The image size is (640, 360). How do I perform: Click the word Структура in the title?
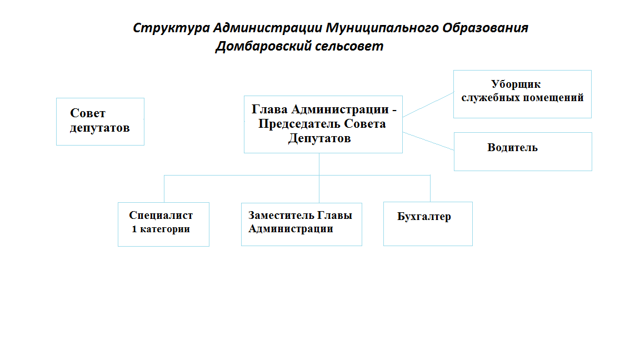coord(172,28)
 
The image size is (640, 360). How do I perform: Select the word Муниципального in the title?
coord(382,28)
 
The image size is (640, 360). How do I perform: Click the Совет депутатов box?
coord(100,122)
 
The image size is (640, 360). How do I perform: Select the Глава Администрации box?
coord(323,124)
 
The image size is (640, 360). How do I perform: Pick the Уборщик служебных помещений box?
coord(522,94)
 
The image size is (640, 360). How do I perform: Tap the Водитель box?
coord(523,152)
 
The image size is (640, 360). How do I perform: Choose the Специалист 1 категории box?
coord(164,224)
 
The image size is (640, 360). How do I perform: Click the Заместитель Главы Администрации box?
coord(302,224)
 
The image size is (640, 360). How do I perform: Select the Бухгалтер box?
coord(428,224)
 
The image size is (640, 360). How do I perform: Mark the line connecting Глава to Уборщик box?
coord(428,104)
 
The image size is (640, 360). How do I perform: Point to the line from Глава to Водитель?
coord(428,141)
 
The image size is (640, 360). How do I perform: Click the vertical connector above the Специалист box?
coord(164,189)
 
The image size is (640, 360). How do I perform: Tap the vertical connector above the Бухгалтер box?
coord(430,188)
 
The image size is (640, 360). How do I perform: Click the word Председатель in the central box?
coord(299,124)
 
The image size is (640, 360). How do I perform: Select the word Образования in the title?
coord(486,28)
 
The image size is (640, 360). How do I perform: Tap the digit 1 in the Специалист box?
coord(134,229)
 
